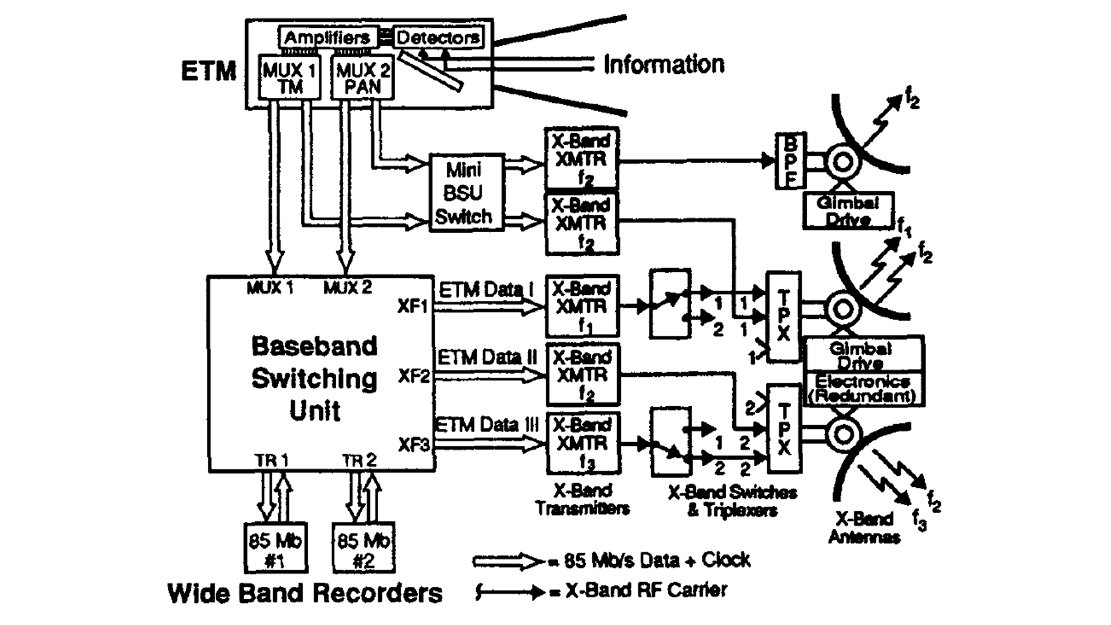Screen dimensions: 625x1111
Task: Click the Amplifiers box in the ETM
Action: coord(328,38)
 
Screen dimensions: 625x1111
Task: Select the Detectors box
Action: coord(438,38)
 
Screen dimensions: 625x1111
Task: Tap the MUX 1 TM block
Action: coord(289,78)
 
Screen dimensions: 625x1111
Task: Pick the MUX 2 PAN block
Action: coord(363,78)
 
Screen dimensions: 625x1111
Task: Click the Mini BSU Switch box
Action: coord(466,193)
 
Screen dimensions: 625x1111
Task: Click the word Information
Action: coord(663,64)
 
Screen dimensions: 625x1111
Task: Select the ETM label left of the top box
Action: coord(208,72)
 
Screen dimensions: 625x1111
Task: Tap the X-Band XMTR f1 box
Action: coord(582,306)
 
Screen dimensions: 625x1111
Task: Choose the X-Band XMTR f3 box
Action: coord(582,443)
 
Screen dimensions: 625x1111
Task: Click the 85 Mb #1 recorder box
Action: coord(275,548)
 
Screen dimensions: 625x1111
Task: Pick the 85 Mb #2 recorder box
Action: coord(363,548)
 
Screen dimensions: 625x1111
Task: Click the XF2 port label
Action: coord(414,376)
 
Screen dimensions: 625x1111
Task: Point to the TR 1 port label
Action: coord(271,461)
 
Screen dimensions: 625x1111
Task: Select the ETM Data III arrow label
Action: coord(486,425)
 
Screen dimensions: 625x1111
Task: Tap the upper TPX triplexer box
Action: coord(783,317)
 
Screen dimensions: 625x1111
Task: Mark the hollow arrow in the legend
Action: coord(507,561)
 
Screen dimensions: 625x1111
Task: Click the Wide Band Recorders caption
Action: coord(305,593)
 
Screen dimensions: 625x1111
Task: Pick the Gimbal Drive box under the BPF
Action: coord(848,211)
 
